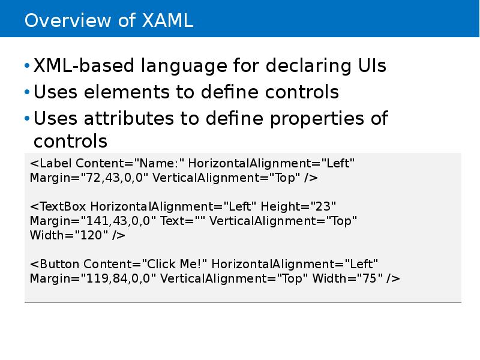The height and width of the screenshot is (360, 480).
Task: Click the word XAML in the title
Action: (167, 21)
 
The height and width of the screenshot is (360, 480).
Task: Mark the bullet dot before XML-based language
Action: (26, 67)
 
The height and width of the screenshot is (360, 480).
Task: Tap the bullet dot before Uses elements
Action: (26, 93)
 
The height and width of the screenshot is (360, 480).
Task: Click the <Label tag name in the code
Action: (51, 163)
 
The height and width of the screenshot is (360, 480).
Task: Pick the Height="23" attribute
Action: (298, 206)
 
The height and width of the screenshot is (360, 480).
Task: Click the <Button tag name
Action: (55, 264)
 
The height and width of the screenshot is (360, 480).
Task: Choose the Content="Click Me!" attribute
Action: (145, 264)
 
